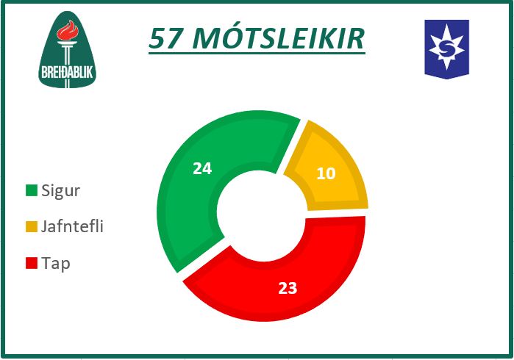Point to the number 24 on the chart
[x=202, y=169]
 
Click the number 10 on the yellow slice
[x=326, y=173]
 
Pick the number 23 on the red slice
[x=288, y=288]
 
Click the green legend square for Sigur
[x=32, y=190]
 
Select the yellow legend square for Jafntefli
[x=32, y=227]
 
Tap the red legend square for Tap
[x=32, y=263]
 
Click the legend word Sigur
[x=60, y=191]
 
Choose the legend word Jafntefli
[x=72, y=226]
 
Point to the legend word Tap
[x=56, y=264]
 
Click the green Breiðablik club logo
[x=67, y=49]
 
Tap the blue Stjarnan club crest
[x=447, y=49]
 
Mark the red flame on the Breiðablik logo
[x=68, y=30]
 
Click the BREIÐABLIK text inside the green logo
[x=67, y=73]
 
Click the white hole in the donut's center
[x=262, y=216]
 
